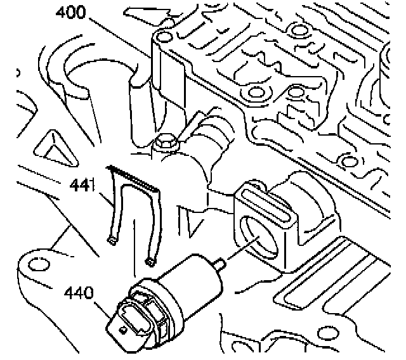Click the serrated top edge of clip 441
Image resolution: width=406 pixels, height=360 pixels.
[x=134, y=178]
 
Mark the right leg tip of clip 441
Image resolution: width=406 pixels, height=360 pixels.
[x=151, y=259]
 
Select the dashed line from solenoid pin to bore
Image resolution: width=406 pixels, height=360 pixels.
[x=240, y=248]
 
